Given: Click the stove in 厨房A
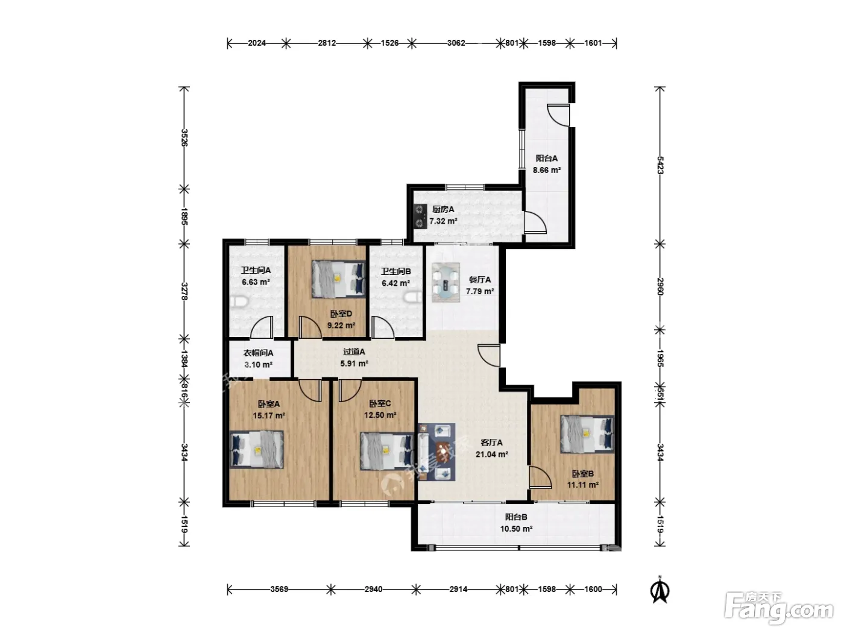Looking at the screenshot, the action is pyautogui.click(x=420, y=216).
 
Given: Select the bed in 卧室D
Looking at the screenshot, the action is pyautogui.click(x=338, y=279).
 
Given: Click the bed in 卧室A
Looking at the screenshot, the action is pyautogui.click(x=256, y=449).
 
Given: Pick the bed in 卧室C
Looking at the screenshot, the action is pyautogui.click(x=387, y=451).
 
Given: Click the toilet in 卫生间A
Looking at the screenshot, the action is pyautogui.click(x=240, y=301).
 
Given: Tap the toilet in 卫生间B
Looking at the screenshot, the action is pyautogui.click(x=414, y=297).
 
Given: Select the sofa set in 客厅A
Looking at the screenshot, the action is pyautogui.click(x=437, y=452).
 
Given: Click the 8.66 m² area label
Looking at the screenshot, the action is pyautogui.click(x=546, y=170).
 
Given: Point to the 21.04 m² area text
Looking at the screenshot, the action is pyautogui.click(x=491, y=455).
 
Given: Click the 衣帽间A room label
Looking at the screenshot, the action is pyautogui.click(x=259, y=353).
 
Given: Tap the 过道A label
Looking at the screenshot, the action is pyautogui.click(x=354, y=351).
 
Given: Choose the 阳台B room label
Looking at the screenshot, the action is pyautogui.click(x=516, y=517).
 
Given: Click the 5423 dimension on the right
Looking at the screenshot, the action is pyautogui.click(x=660, y=165).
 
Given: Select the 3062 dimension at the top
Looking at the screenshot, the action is pyautogui.click(x=456, y=43).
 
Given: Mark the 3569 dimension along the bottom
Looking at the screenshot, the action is pyautogui.click(x=279, y=589).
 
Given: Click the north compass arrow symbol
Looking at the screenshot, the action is pyautogui.click(x=660, y=590).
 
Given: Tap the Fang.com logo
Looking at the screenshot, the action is pyautogui.click(x=779, y=608).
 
